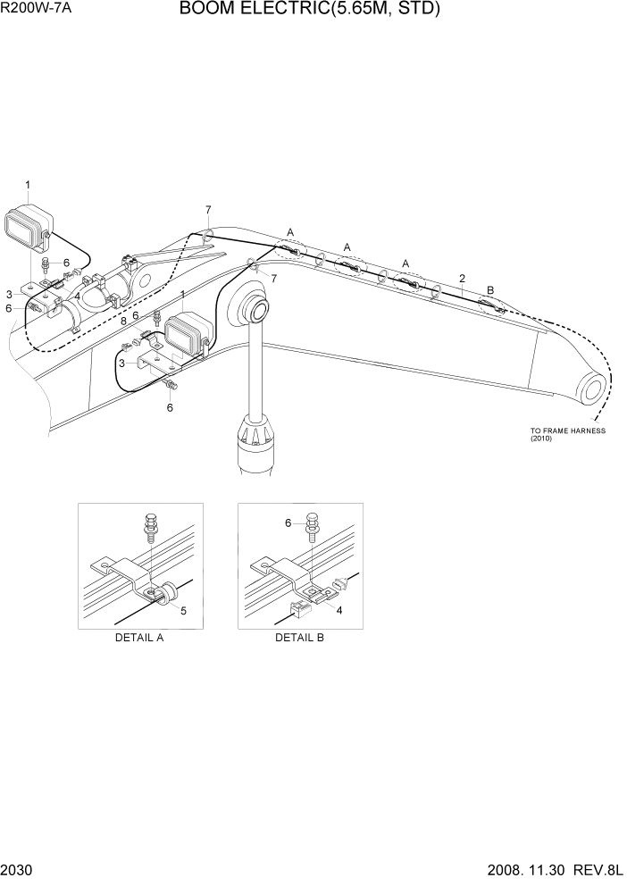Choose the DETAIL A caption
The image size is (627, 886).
pyautogui.click(x=139, y=638)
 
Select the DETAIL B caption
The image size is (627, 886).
pyautogui.click(x=299, y=638)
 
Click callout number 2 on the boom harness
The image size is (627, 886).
pyautogui.click(x=462, y=279)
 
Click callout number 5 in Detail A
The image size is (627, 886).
pyautogui.click(x=183, y=610)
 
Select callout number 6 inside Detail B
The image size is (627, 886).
pyautogui.click(x=288, y=522)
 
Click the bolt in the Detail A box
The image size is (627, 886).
pyautogui.click(x=151, y=526)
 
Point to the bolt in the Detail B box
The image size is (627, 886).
pyautogui.click(x=312, y=526)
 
